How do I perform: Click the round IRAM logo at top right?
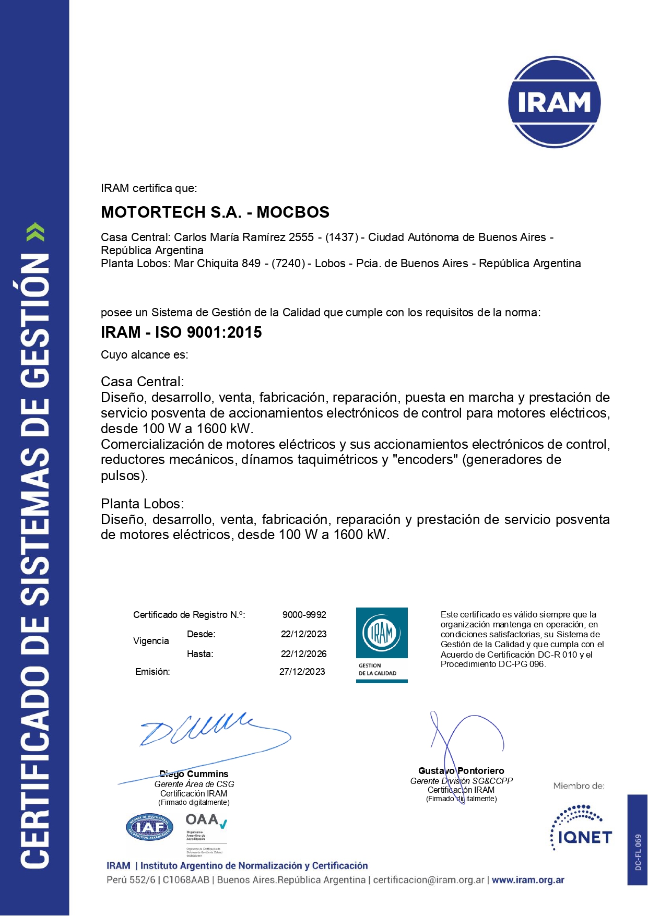point(554,102)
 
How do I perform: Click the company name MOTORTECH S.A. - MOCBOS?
point(215,212)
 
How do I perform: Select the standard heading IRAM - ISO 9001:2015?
point(181,332)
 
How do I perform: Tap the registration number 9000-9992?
point(304,615)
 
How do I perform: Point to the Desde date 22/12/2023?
point(303,634)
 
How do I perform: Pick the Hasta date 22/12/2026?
point(303,654)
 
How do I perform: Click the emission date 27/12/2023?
point(302,672)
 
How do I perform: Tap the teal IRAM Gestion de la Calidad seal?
point(382,645)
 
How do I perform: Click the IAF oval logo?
point(149,827)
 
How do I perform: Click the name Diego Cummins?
point(194,774)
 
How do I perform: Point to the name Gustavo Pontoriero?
point(461,771)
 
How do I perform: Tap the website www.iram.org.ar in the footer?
point(528,880)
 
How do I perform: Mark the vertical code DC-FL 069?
point(638,852)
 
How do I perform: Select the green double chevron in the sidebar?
point(36,232)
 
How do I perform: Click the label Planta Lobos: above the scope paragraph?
point(142,504)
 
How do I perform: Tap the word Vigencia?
point(151,641)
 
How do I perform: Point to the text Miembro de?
point(579,786)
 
